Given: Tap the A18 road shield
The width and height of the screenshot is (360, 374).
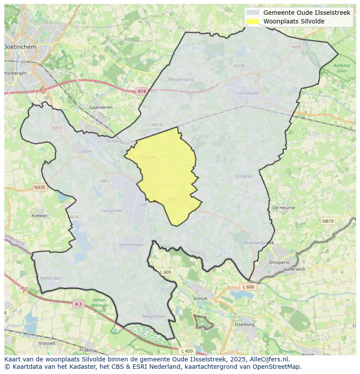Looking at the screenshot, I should [142, 91].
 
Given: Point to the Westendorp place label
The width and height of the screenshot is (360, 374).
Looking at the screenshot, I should [180, 79].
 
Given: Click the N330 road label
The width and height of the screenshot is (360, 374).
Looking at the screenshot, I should [239, 66].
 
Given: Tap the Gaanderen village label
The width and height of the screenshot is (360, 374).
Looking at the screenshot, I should [100, 107].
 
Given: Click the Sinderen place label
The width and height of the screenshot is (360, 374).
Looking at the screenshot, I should [243, 176].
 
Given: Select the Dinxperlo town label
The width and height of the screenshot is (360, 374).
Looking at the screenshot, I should [280, 262].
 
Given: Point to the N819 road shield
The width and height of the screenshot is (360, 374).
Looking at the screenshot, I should [328, 221].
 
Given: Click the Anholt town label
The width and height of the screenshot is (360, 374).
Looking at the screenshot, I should [200, 299].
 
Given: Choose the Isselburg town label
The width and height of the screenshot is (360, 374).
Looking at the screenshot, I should [244, 324].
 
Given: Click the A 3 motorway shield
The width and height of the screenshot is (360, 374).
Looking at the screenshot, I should [78, 304].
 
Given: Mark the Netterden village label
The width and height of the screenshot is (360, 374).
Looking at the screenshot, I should [50, 278].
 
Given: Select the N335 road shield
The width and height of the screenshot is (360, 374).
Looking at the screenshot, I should [39, 187].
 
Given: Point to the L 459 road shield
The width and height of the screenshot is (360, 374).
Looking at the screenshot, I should [187, 351].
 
